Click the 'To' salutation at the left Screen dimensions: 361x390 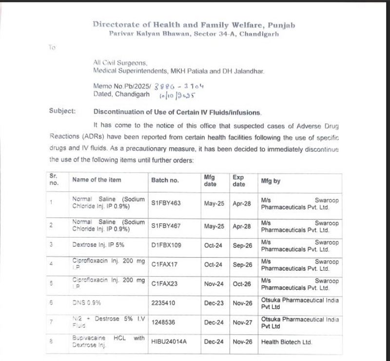52,47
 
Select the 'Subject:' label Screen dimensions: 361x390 62,111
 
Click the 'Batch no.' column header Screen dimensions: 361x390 165,180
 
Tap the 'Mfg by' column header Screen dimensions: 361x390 271,180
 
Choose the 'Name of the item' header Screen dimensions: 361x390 97,180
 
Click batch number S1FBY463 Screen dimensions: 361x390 166,203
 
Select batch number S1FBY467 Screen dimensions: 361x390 166,226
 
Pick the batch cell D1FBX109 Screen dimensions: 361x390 166,245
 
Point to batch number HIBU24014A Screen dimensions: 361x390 169,342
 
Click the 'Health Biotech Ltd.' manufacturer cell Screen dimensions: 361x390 286,342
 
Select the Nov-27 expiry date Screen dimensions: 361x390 242,322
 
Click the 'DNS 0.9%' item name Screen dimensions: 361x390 86,303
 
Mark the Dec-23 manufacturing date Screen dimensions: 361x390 214,303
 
